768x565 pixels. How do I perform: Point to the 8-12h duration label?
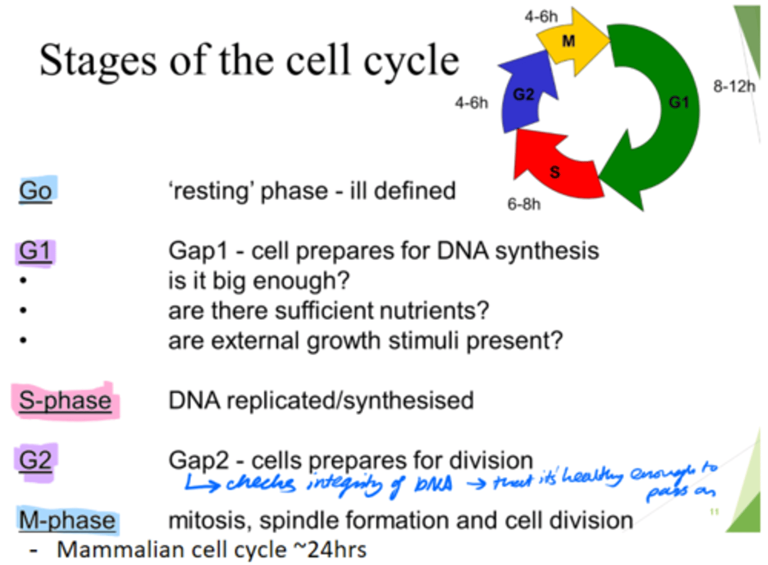[734, 86]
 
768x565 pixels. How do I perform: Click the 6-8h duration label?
[524, 204]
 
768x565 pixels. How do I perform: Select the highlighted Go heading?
[36, 190]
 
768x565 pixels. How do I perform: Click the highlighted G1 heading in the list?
[35, 251]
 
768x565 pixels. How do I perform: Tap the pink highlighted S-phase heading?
[65, 401]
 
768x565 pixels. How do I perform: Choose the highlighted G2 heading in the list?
[35, 460]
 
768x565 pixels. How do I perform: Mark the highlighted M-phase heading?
[67, 520]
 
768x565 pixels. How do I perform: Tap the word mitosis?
[209, 521]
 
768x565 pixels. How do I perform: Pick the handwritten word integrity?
[345, 483]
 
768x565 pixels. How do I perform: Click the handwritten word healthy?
[592, 475]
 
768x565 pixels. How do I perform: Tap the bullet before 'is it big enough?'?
[23, 281]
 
